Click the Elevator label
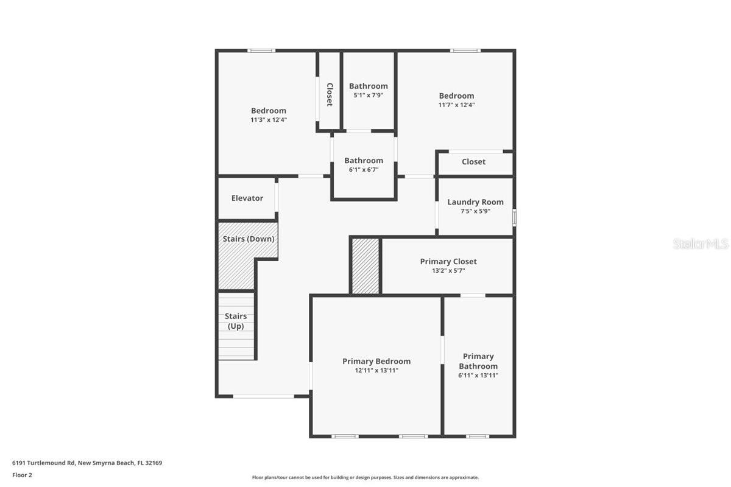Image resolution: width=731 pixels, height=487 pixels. (x=247, y=198)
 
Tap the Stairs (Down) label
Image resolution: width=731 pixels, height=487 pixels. (x=249, y=239)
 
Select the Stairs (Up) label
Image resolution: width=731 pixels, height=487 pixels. (x=236, y=321)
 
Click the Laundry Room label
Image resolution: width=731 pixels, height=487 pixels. (x=475, y=202)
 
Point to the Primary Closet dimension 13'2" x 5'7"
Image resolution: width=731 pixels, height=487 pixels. (x=448, y=270)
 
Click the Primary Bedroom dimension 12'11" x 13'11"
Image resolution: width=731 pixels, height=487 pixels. (x=376, y=370)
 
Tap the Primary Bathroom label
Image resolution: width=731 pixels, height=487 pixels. (x=478, y=361)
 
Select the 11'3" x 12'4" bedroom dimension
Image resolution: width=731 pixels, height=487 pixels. (x=269, y=120)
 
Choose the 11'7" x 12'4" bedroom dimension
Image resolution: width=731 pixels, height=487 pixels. (x=456, y=105)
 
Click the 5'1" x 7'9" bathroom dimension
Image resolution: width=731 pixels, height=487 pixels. (x=368, y=95)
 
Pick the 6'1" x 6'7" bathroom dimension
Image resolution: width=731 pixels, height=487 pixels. (x=364, y=170)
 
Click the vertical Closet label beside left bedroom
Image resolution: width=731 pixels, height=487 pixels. (x=330, y=94)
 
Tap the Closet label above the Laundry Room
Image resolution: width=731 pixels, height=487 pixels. (x=473, y=161)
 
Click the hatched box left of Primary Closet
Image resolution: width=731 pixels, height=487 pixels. (x=365, y=266)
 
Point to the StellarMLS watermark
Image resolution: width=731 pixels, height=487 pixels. (x=701, y=243)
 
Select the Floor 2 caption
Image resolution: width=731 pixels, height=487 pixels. (x=22, y=475)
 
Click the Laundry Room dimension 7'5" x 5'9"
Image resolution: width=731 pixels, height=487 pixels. (x=475, y=211)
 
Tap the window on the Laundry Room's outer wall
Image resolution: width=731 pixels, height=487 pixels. (x=514, y=217)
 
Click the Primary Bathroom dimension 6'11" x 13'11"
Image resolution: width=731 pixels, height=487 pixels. (x=478, y=376)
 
